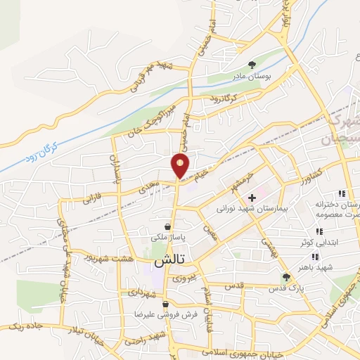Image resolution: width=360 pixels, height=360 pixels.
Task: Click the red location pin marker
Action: point(180,165)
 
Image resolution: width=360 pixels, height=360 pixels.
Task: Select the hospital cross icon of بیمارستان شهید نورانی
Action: point(252,198)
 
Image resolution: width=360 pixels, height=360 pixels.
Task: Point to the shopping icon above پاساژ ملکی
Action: point(167,226)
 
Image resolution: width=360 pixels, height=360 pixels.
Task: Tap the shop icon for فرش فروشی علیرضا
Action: point(165,305)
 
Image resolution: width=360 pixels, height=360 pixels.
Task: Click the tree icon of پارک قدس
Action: point(285,278)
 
